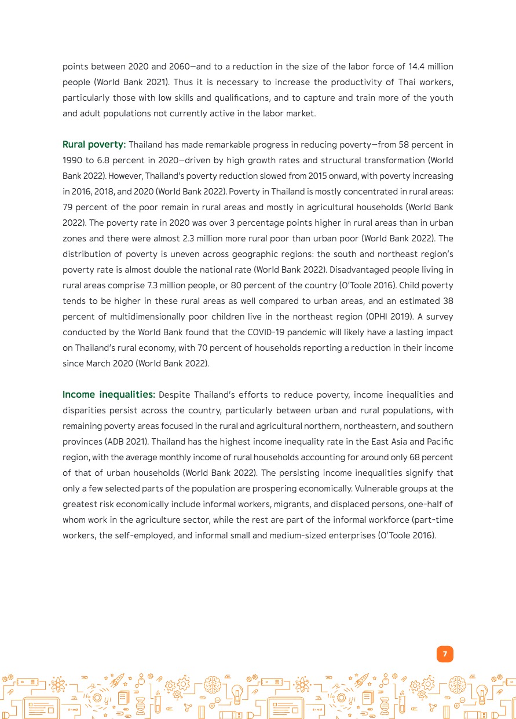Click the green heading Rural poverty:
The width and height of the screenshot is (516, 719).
[94, 145]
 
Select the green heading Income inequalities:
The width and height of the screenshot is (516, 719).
[108, 395]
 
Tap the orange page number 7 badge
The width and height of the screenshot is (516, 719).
[445, 654]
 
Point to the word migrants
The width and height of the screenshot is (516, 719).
[297, 504]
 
